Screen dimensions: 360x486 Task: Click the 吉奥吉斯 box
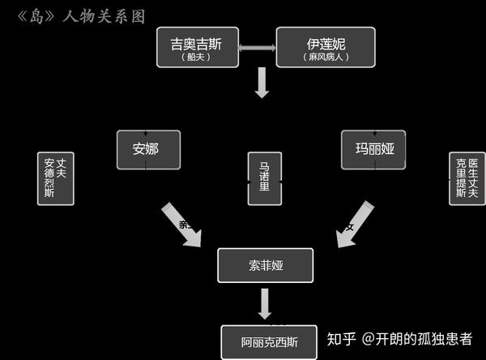coord(196,47)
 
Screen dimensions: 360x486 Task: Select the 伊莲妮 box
coord(326,47)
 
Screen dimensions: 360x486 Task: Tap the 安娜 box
coord(148,149)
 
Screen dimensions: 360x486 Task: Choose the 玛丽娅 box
coord(373,149)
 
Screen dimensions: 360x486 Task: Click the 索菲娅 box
coord(265,265)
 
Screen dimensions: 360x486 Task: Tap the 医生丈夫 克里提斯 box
coord(467,178)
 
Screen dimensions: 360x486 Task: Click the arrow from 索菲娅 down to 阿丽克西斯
coord(265,304)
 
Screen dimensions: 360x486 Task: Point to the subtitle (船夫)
coord(196,58)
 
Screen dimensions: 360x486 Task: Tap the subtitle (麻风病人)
coord(326,58)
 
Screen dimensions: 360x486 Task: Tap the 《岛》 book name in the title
coord(35,15)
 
